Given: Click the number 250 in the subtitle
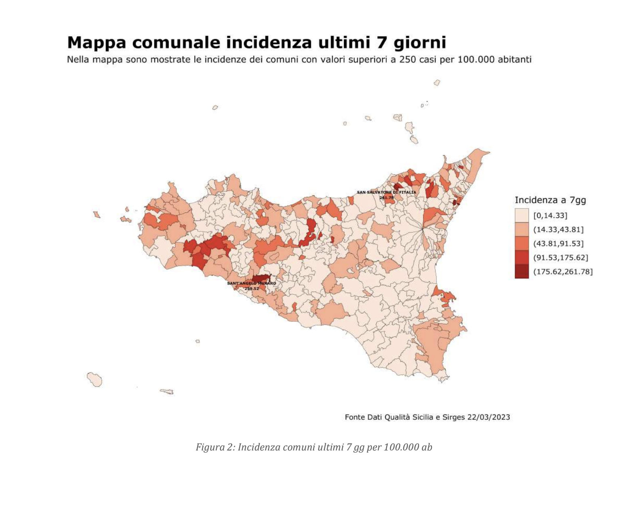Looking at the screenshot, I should point(407,60).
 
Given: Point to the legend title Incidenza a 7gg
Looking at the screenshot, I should point(550,200).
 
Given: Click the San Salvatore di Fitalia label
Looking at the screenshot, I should point(386,192).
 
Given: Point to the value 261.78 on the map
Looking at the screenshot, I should point(386,198).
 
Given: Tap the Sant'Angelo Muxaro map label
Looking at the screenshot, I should point(252,284).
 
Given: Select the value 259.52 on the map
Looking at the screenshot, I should point(252,288).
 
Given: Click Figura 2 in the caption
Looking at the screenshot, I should point(214,447).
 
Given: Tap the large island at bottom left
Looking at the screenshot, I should point(95,379).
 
